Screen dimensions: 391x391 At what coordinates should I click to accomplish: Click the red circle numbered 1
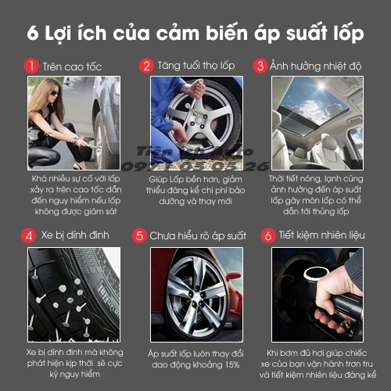pos(32,66)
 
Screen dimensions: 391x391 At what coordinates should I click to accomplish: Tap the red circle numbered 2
pos(146,66)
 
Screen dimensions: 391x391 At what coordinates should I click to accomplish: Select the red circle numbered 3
pos(260,66)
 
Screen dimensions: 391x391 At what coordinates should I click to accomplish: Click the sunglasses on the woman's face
pos(55,95)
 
